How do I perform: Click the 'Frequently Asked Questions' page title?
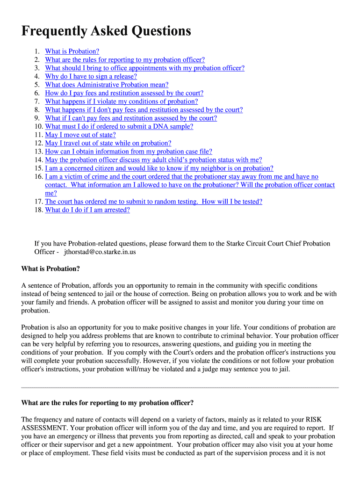106,31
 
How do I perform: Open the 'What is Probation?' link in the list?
72,51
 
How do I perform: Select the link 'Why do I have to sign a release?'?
91,76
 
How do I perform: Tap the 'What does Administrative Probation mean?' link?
107,85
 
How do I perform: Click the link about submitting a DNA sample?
119,126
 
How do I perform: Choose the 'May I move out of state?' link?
80,135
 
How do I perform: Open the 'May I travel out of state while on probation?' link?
108,143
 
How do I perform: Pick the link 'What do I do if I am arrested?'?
87,210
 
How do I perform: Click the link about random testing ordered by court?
153,202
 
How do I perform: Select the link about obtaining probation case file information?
129,152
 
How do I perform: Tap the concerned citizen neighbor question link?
159,168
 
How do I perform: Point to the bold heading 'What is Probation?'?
50,269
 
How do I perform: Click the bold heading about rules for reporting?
108,403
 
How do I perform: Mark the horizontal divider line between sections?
180,388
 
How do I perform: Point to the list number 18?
38,210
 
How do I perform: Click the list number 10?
38,126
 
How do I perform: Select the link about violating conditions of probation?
121,102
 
